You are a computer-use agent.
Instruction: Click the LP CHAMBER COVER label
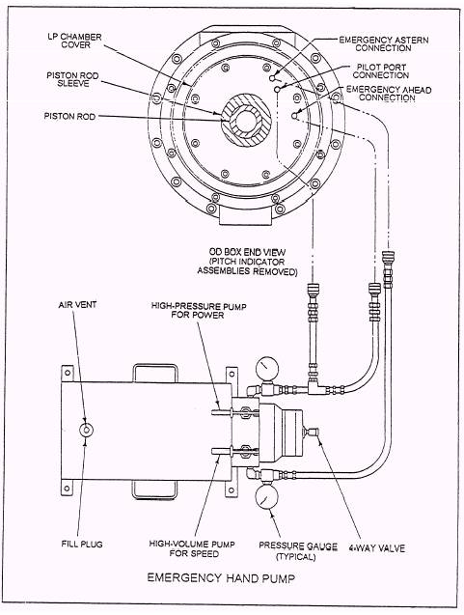click(75, 41)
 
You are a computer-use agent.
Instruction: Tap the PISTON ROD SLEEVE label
click(73, 79)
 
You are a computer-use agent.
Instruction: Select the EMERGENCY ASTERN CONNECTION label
click(384, 44)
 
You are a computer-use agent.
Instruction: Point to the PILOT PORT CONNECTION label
click(381, 71)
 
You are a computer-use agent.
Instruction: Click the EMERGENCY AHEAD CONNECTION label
click(389, 94)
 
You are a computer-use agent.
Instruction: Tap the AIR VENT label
click(77, 305)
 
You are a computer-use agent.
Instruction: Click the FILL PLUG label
click(82, 544)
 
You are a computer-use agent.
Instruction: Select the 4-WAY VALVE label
click(376, 547)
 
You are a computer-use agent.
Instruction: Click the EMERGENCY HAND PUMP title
click(221, 577)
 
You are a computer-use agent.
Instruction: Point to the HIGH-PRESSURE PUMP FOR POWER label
click(199, 310)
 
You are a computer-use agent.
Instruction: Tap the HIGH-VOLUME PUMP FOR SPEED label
click(192, 548)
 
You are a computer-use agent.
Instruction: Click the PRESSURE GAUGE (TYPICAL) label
click(298, 551)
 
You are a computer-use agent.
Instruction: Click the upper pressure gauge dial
click(267, 368)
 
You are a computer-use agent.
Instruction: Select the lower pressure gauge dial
click(266, 496)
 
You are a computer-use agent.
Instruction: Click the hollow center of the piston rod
click(246, 121)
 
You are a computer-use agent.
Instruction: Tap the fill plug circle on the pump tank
click(86, 430)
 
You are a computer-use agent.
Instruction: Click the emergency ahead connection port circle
click(294, 116)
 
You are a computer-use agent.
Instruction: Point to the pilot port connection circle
click(277, 90)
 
